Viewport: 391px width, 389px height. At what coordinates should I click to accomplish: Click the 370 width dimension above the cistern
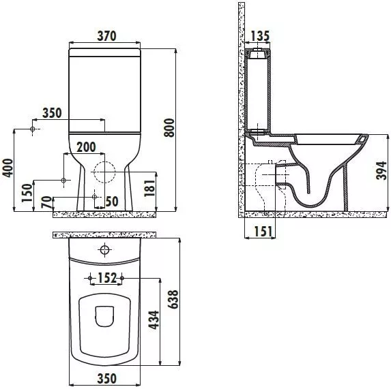[x=106, y=36]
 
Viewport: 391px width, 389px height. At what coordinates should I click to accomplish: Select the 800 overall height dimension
[x=169, y=127]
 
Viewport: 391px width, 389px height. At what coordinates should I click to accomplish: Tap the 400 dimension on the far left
[x=8, y=168]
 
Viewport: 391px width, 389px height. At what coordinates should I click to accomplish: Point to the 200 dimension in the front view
[x=86, y=147]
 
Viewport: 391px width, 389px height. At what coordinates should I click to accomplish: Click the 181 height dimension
[x=149, y=188]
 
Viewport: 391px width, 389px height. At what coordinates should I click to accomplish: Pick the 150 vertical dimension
[x=27, y=193]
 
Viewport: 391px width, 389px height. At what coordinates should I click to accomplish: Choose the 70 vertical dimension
[x=47, y=202]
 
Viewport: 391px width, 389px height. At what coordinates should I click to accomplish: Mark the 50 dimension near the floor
[x=112, y=202]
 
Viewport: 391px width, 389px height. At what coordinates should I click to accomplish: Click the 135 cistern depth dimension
[x=260, y=36]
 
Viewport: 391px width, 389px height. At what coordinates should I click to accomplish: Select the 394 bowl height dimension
[x=381, y=171]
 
